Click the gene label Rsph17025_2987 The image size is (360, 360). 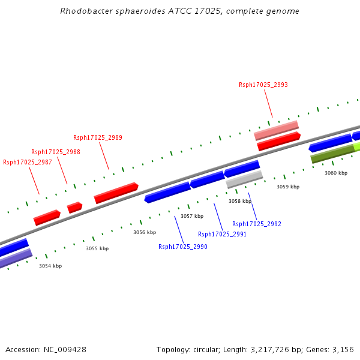coord(27,162)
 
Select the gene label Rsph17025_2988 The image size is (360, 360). coord(55,152)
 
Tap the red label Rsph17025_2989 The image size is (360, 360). coord(97,137)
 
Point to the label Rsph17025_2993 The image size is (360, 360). coord(263,85)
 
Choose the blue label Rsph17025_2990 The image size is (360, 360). coord(182,247)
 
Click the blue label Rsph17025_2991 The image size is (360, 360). coord(222,234)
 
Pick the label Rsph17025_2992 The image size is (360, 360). coord(256,224)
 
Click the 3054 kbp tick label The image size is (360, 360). coord(50,266)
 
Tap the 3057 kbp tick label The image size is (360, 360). coord(192,216)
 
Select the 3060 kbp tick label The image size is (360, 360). coord(336,173)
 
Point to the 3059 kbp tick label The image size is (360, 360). coord(287,187)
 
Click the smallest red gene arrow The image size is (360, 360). coord(74,208)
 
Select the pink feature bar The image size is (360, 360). coord(276,130)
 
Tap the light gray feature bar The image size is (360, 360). coord(244,179)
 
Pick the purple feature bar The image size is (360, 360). coord(16,258)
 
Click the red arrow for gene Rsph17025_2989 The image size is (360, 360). coord(116,193)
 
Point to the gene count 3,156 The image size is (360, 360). coord(343,349)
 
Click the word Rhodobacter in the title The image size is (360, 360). coord(83,11)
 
